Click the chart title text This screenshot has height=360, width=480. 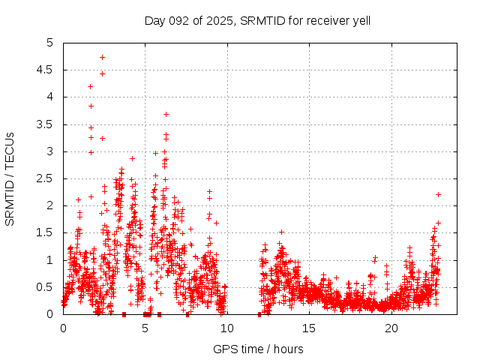click(x=257, y=20)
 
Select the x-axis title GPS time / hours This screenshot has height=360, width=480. click(x=258, y=349)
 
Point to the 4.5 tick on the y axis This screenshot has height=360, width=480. click(x=49, y=70)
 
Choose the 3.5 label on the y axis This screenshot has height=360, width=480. click(x=49, y=124)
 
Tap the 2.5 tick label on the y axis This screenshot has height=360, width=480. click(x=49, y=178)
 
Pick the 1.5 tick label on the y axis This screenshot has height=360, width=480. click(x=49, y=232)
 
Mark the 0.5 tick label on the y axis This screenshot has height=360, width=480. click(x=49, y=287)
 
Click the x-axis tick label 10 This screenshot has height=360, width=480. click(x=227, y=328)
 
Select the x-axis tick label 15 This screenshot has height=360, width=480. click(x=309, y=328)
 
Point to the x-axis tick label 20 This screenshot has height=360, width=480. click(x=391, y=328)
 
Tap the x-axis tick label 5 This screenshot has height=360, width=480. click(x=145, y=328)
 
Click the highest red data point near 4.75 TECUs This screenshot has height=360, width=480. click(x=102, y=57)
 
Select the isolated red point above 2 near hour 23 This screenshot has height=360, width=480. click(x=438, y=194)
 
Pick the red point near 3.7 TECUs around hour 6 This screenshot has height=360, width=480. click(x=166, y=114)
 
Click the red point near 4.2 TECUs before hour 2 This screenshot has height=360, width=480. click(x=91, y=86)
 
